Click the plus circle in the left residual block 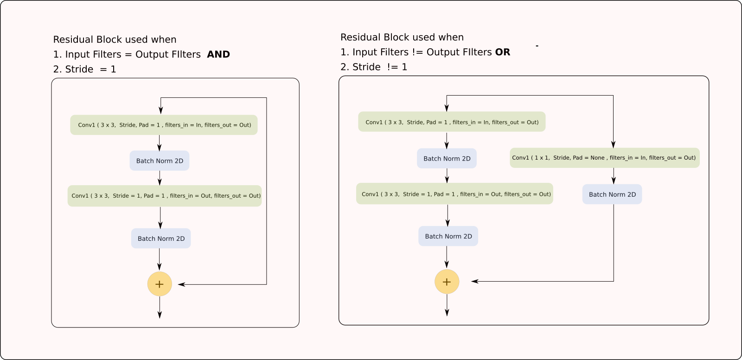click(x=160, y=284)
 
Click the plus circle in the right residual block click(x=447, y=282)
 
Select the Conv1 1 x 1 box click(x=604, y=158)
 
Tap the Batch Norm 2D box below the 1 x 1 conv click(x=612, y=194)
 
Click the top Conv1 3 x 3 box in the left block click(x=164, y=125)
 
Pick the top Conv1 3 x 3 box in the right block click(x=452, y=122)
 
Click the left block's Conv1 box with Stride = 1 click(x=165, y=196)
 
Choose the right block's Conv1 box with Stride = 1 click(x=454, y=194)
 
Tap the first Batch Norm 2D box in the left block click(x=160, y=161)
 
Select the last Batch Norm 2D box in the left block click(x=161, y=238)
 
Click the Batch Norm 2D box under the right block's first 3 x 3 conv click(x=447, y=159)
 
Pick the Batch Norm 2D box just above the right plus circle click(x=448, y=236)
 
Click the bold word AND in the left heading click(x=218, y=54)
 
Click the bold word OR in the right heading click(x=503, y=52)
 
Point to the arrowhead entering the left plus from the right click(x=181, y=284)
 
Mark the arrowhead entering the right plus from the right click(x=474, y=282)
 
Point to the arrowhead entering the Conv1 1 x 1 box click(x=613, y=144)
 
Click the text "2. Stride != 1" click(x=374, y=67)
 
